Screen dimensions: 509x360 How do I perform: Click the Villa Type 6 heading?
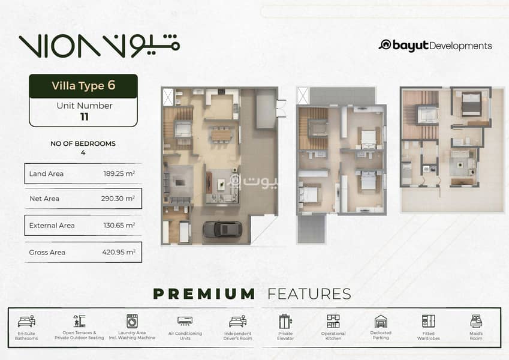tap(83, 85)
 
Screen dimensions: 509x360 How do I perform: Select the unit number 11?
tap(85, 116)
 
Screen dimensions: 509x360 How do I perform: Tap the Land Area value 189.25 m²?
tap(119, 173)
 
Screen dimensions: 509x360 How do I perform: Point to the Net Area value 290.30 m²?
tap(118, 198)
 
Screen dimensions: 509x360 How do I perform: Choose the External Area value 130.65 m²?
tap(119, 225)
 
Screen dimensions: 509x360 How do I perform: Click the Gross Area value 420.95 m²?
tap(119, 252)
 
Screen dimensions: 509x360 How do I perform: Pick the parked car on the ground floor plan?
tap(222, 230)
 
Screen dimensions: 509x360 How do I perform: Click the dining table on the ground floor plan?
tap(221, 135)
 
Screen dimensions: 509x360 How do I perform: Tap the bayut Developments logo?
tap(435, 46)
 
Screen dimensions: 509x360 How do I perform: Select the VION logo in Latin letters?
tap(59, 46)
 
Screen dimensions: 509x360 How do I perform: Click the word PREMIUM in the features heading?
tap(204, 294)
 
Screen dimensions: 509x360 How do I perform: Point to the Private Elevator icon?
tap(285, 322)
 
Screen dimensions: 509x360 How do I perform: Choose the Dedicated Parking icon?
tap(381, 321)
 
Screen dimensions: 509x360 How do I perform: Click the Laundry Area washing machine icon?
tap(132, 321)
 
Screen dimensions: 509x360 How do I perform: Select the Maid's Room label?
tap(476, 336)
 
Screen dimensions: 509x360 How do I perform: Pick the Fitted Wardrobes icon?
tap(429, 321)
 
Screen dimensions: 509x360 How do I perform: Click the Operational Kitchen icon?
tap(333, 321)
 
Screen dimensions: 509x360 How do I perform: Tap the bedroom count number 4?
tap(83, 152)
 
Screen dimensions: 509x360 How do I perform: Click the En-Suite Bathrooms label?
tap(26, 336)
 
